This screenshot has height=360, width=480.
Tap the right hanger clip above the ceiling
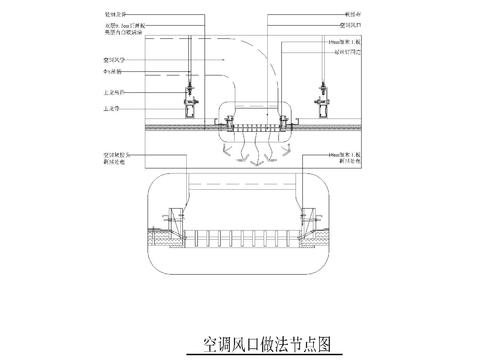click(x=323, y=96)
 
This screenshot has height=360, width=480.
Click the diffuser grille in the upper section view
click(x=254, y=128)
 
